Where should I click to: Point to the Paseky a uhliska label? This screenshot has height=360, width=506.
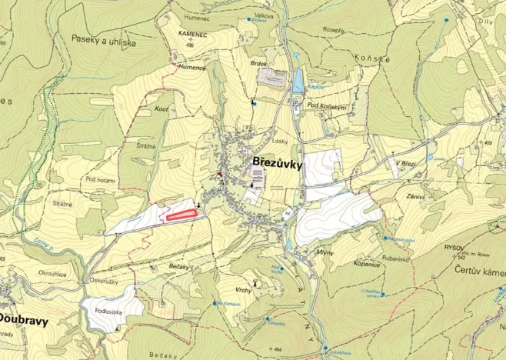104,40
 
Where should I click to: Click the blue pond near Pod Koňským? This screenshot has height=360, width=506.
298,80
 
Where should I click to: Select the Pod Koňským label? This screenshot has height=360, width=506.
325,105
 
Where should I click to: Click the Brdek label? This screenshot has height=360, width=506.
258,63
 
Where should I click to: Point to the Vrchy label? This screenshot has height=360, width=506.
244,289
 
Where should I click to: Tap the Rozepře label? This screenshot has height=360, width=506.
332,31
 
